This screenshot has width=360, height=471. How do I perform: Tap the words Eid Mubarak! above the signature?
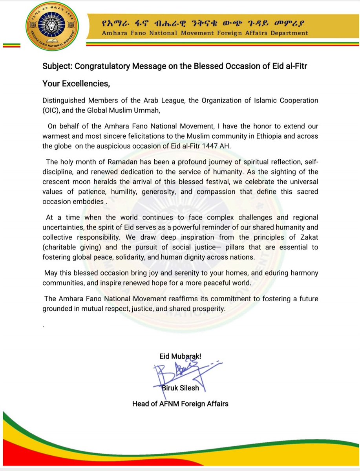coord(180,357)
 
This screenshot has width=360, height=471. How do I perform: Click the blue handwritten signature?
coord(177,373)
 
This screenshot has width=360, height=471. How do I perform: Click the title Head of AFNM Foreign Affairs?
coord(180,403)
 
